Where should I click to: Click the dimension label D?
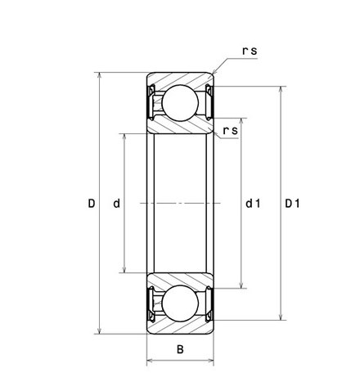(92, 204)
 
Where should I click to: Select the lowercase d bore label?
(116, 204)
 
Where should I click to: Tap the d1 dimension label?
(253, 204)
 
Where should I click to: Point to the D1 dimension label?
(292, 204)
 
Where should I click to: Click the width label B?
(180, 349)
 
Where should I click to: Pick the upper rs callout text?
(250, 51)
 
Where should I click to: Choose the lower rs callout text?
(231, 131)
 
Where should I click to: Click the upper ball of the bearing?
(180, 103)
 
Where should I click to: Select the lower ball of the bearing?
(180, 303)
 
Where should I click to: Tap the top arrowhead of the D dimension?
(100, 75)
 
